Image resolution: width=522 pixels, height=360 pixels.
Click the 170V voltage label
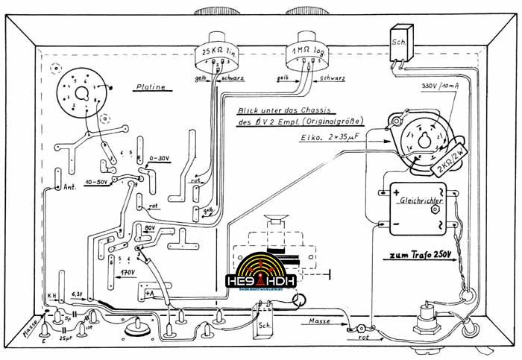click(x=127, y=274)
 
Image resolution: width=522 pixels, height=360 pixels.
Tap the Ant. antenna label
click(x=72, y=186)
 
